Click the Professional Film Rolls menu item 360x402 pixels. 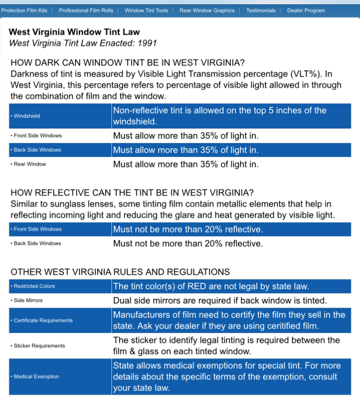(x=86, y=10)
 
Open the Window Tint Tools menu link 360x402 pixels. (x=146, y=10)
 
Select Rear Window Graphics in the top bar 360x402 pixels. (x=207, y=10)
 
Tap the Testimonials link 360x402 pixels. (x=261, y=10)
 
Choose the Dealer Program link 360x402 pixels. (x=306, y=10)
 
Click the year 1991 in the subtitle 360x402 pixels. (x=147, y=43)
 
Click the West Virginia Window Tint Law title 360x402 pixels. (x=74, y=32)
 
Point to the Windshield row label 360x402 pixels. (x=27, y=116)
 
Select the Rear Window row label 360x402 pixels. (x=30, y=164)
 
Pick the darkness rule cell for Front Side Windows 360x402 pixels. (x=186, y=136)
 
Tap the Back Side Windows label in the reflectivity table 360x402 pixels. (x=37, y=243)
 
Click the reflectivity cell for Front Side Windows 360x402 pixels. (x=188, y=229)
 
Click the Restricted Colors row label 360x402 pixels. (x=34, y=286)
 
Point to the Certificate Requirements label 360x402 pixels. (x=43, y=320)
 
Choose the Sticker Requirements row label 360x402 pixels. (x=39, y=345)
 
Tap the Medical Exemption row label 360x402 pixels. (x=36, y=377)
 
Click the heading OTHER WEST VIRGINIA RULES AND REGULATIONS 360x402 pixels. (x=120, y=272)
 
